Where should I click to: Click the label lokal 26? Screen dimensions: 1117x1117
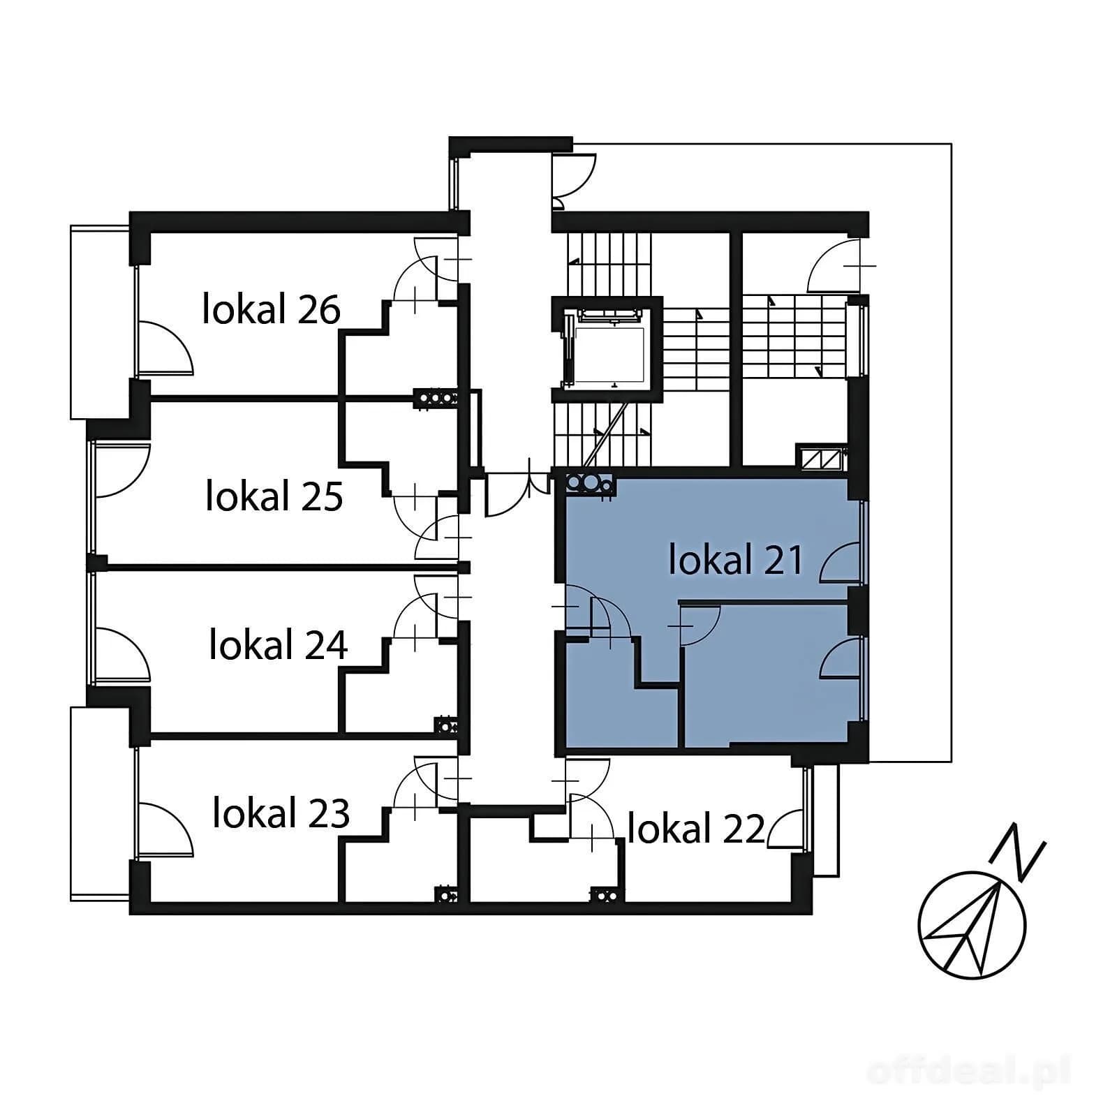point(272,309)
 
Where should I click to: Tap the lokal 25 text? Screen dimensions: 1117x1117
point(274,496)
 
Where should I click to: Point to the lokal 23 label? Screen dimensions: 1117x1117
point(281,813)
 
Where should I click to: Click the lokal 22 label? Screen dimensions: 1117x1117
point(696,829)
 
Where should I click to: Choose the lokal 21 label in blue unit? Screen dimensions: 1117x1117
point(736,560)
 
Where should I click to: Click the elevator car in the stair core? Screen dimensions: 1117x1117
point(605,350)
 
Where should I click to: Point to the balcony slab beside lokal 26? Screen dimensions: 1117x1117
point(100,322)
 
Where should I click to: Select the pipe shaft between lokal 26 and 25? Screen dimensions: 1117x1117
point(436,398)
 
